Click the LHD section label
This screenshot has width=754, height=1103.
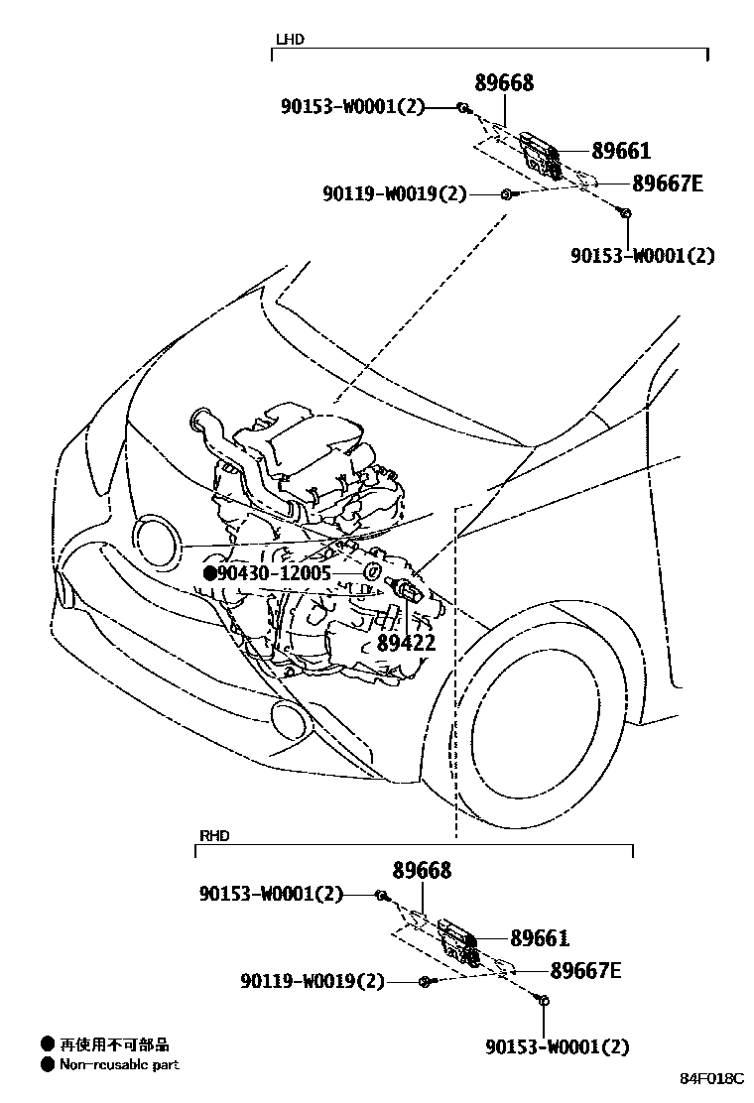click(289, 40)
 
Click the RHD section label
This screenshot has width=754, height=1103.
click(214, 836)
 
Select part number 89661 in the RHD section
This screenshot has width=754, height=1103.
click(540, 938)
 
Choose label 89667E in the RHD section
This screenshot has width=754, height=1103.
click(585, 970)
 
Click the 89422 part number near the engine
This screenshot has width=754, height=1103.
click(406, 644)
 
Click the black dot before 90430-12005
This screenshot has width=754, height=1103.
click(209, 573)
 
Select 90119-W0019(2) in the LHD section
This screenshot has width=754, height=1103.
click(393, 194)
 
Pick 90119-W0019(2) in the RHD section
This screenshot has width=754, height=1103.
click(312, 982)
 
